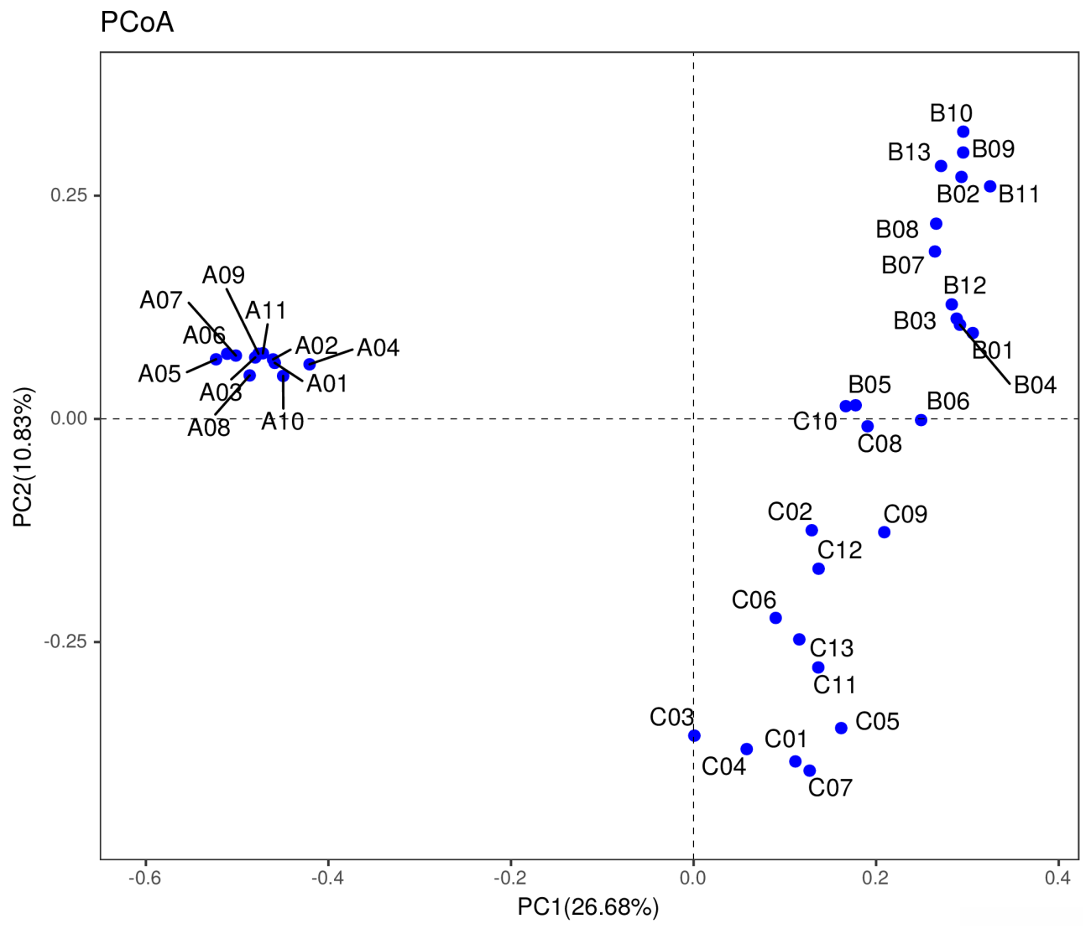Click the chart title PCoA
137,22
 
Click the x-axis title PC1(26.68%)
587,907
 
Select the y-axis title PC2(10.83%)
23,457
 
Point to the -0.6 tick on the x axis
146,878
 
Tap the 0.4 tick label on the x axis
1057,878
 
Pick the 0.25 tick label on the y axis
69,195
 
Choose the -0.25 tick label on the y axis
66,642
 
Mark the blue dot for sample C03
694,736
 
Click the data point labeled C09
884,532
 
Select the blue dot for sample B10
963,132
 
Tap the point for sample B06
921,420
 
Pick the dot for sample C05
841,728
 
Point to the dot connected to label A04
310,364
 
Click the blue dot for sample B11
990,186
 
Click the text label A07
161,300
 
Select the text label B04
1035,386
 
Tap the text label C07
830,788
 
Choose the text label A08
208,428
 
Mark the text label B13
909,153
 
